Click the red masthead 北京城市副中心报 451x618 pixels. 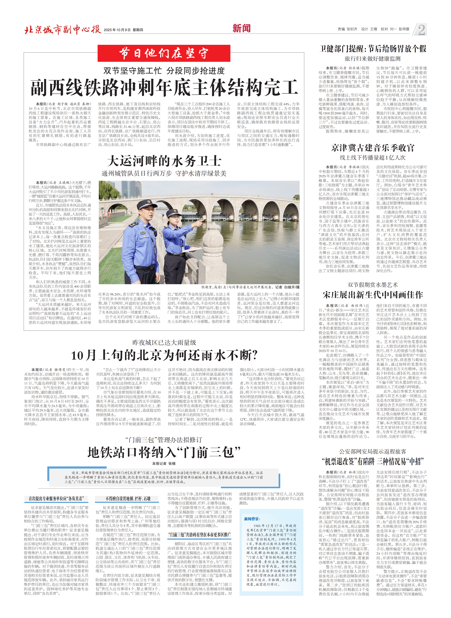[x=63, y=29]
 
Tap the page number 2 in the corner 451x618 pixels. [x=421, y=29]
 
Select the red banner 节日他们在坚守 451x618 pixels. [x=164, y=53]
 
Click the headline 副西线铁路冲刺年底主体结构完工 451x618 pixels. [x=164, y=88]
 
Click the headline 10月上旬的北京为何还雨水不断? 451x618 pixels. [x=164, y=355]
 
